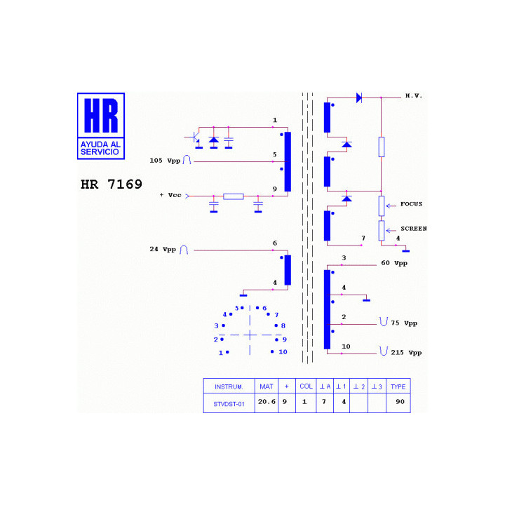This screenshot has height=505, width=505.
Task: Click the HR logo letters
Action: point(101,115)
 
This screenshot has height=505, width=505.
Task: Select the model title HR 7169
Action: point(112,184)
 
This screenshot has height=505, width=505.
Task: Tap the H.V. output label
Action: point(414,95)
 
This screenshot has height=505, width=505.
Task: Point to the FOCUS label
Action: point(411,204)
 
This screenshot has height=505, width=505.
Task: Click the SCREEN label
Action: point(414,229)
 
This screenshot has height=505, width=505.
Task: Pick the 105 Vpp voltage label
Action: point(165,161)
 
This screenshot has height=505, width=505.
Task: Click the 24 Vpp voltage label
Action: point(163,249)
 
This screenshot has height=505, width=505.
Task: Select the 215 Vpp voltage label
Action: point(406,353)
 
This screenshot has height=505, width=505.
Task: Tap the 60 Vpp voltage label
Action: point(394,263)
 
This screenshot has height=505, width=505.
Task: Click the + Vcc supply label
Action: point(170,195)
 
